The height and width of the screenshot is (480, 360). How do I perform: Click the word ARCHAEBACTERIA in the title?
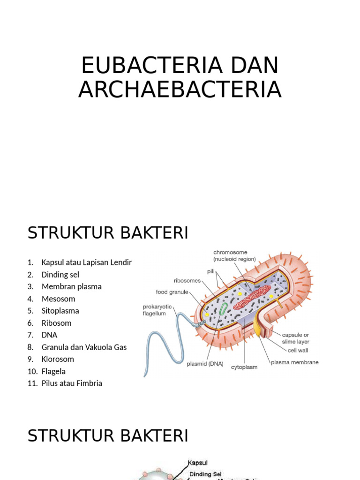point(180,90)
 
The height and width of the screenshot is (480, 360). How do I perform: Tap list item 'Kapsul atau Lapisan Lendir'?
point(86,262)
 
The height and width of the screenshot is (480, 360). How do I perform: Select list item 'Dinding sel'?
point(60,275)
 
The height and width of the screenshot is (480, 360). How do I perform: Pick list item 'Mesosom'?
point(58,299)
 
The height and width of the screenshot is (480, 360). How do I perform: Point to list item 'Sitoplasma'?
point(60,311)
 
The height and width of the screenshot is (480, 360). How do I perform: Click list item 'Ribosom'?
point(56,323)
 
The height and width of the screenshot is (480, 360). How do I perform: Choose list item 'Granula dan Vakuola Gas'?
point(84,347)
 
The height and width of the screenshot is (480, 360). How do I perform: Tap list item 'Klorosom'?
point(58,359)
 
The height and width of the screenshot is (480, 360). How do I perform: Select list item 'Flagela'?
point(53,371)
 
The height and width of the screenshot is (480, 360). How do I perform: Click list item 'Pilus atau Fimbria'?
point(72,383)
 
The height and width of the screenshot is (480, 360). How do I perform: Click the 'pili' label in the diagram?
point(211,271)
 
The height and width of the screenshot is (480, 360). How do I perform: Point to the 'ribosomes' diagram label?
point(187,281)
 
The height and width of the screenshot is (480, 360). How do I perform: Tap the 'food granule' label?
point(172,292)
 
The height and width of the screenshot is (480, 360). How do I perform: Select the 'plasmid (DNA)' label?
point(205,363)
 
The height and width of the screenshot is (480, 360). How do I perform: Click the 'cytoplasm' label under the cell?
point(244,367)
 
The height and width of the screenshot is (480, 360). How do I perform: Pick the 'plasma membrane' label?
point(295,362)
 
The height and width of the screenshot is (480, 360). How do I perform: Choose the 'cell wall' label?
point(298,351)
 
